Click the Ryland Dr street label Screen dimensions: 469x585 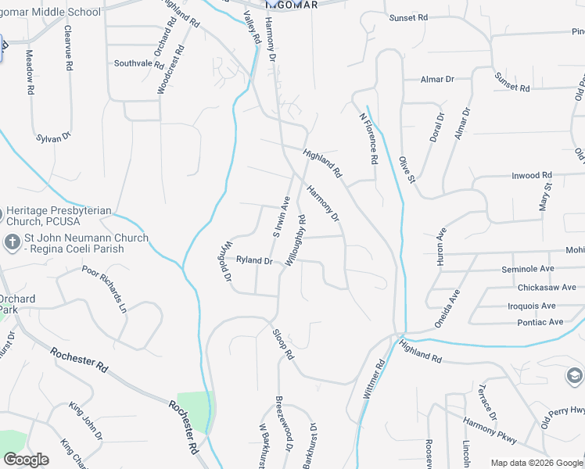point(254,260)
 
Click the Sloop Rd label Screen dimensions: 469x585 point(283,344)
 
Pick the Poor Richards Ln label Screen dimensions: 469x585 point(104,288)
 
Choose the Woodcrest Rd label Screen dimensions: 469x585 point(170,70)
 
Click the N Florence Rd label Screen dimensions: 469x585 point(369,139)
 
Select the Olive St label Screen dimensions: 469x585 point(405,168)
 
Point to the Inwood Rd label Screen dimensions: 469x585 point(532,176)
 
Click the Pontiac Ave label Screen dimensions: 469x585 point(535,322)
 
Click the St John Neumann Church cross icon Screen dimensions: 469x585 point(12,242)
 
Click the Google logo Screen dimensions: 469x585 point(26,460)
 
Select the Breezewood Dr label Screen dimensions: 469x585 point(283,422)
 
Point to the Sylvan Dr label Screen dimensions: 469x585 point(54,138)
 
